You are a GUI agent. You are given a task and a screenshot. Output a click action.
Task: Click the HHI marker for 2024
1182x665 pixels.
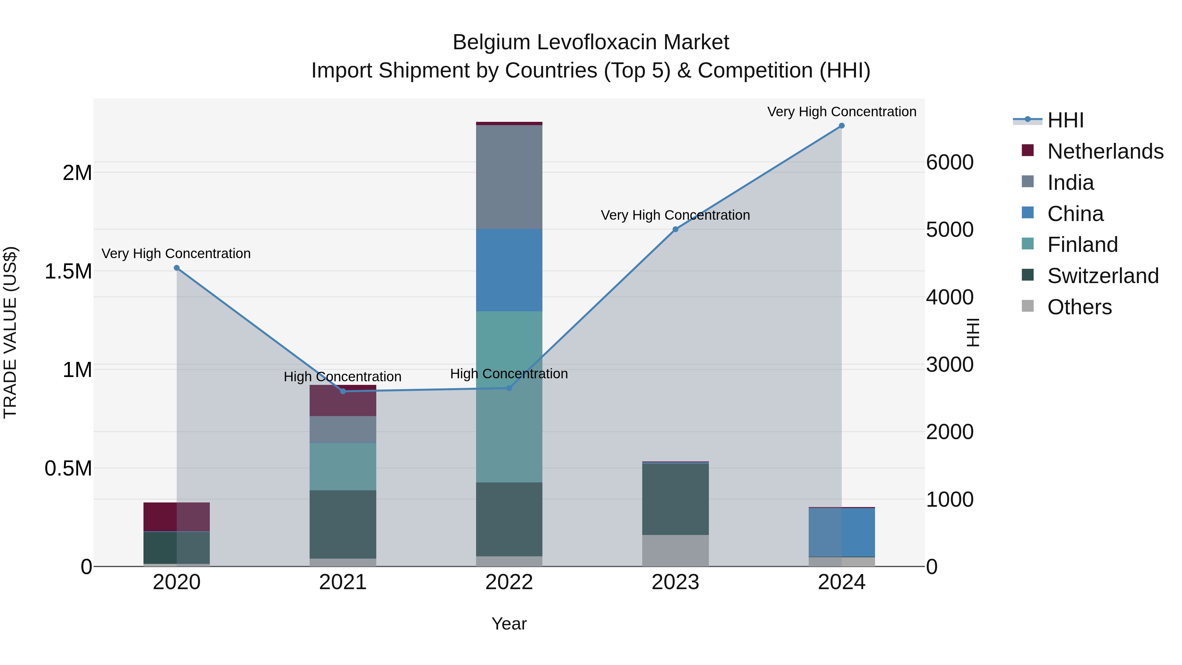(x=841, y=126)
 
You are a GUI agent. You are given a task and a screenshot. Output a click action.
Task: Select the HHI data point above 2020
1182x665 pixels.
(x=177, y=268)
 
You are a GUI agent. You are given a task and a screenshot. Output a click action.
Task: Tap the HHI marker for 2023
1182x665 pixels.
(x=675, y=229)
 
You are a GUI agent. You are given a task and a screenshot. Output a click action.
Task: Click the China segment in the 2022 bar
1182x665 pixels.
(x=509, y=270)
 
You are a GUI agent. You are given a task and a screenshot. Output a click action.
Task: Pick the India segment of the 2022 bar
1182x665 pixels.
(x=509, y=177)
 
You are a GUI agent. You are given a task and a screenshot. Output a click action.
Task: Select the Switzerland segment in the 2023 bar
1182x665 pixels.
(x=675, y=499)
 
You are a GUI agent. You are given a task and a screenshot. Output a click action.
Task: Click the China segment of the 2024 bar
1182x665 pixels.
(x=841, y=532)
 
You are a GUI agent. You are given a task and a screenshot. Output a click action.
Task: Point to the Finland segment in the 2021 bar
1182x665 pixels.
(x=343, y=466)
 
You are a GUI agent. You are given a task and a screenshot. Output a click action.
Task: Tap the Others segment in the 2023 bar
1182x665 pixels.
(x=675, y=550)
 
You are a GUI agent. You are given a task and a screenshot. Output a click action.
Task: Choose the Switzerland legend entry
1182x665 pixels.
(x=1103, y=276)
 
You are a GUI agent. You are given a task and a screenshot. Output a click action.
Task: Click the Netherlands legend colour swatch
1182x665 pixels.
(x=1027, y=150)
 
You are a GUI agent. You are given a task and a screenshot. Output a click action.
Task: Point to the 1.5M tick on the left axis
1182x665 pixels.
(x=68, y=271)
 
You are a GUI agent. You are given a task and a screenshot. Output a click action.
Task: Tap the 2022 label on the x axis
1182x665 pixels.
(x=509, y=582)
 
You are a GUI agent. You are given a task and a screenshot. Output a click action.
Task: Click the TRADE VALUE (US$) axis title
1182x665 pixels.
(x=11, y=332)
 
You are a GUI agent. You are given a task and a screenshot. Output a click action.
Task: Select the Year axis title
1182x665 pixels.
(x=509, y=624)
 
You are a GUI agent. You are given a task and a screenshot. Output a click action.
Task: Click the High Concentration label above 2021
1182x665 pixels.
(x=342, y=377)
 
